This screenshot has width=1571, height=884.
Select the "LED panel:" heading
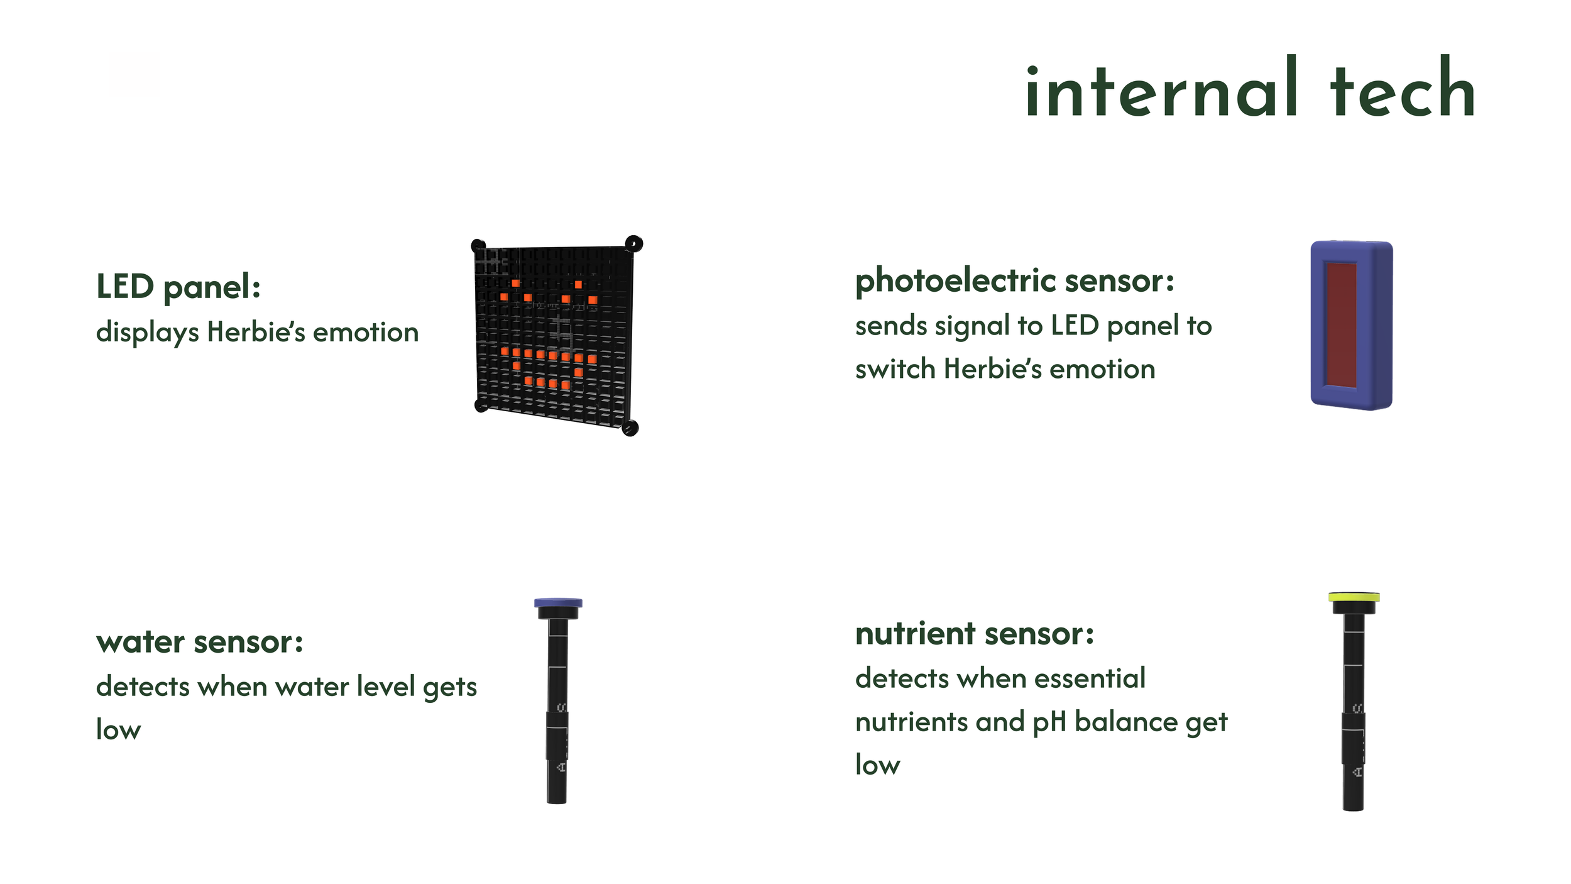pyautogui.click(x=178, y=287)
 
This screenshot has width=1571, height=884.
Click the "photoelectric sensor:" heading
pyautogui.click(x=1014, y=281)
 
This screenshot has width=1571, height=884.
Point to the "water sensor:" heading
pyautogui.click(x=200, y=642)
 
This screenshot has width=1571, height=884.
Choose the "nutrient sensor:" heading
pyautogui.click(x=975, y=633)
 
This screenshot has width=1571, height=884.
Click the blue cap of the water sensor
pyautogui.click(x=558, y=602)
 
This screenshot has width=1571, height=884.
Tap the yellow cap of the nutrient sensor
pyautogui.click(x=1354, y=596)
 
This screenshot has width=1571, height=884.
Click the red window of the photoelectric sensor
pyautogui.click(x=1340, y=324)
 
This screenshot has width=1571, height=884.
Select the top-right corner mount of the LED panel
pyautogui.click(x=633, y=244)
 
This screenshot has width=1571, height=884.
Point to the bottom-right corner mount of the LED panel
pyautogui.click(x=630, y=428)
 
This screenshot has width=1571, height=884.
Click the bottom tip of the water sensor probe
pyautogui.click(x=557, y=802)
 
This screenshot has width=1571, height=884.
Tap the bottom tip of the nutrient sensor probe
pyautogui.click(x=1353, y=810)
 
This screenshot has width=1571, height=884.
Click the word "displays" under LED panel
pyautogui.click(x=148, y=333)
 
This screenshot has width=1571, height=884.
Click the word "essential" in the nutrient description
pyautogui.click(x=1090, y=678)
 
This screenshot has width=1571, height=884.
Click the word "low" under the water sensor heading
pyautogui.click(x=119, y=730)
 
